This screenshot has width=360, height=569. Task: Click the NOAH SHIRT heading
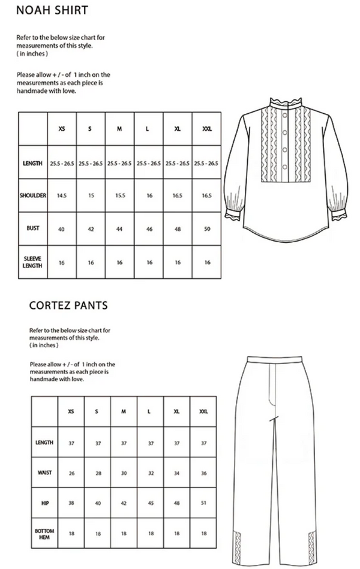point(52,10)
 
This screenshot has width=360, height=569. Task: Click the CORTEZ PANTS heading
point(68,305)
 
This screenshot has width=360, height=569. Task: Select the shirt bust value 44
point(120,228)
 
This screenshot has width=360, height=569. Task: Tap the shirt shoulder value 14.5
point(61,195)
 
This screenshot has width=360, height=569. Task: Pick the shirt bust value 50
point(207,228)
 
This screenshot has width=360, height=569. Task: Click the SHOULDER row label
point(32,195)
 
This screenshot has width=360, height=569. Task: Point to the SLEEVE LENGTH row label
point(32,262)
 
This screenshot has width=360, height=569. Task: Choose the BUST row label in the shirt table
point(32,228)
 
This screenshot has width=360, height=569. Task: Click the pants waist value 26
point(71,473)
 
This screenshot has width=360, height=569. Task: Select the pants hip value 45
point(151,503)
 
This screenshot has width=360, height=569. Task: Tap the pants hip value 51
point(203,503)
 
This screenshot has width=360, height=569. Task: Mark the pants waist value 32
point(151,473)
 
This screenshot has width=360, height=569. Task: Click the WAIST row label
point(44,473)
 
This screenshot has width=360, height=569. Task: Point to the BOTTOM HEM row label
point(44,534)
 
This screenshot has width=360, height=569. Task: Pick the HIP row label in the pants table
point(44,503)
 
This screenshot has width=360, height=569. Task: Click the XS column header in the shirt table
point(61,129)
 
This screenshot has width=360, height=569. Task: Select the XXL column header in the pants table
point(203,412)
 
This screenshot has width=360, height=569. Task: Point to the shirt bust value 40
point(61,228)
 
